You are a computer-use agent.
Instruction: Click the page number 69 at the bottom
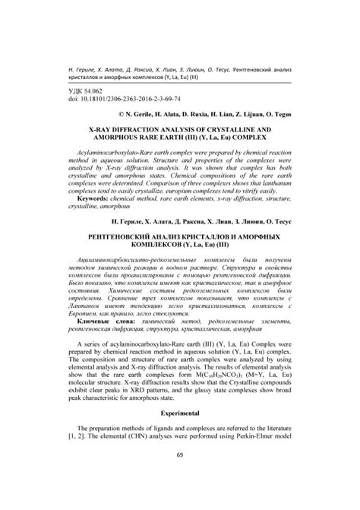click(180, 477)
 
